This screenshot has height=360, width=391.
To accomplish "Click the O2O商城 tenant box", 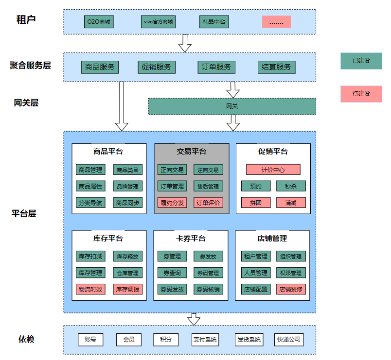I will [99, 22].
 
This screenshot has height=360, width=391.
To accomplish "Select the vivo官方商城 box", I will [158, 22].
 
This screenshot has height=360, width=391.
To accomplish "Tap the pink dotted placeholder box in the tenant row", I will [276, 22].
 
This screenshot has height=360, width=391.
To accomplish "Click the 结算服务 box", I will [276, 67].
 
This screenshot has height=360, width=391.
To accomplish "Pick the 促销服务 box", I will [157, 67].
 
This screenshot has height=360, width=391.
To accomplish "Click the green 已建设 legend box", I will [361, 61].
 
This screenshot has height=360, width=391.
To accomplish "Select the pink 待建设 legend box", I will [361, 94].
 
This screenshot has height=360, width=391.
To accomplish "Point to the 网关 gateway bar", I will [232, 106].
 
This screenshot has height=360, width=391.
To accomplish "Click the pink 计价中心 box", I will [273, 170].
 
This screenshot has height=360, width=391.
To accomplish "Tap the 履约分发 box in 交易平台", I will [172, 203].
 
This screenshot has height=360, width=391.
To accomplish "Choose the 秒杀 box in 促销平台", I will [291, 186].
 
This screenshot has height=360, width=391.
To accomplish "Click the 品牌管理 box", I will [128, 186].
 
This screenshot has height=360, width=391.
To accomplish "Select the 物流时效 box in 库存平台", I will [90, 289].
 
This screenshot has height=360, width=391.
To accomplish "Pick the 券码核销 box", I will [208, 289].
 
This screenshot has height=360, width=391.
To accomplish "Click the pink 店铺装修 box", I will [291, 289].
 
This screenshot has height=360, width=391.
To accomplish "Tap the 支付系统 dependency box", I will [205, 340].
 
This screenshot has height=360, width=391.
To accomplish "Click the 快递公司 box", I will [288, 340].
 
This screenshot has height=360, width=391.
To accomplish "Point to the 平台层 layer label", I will [24, 213].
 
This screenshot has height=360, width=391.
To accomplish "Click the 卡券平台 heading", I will [191, 239].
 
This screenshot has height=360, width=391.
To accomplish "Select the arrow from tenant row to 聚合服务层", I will [185, 43].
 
